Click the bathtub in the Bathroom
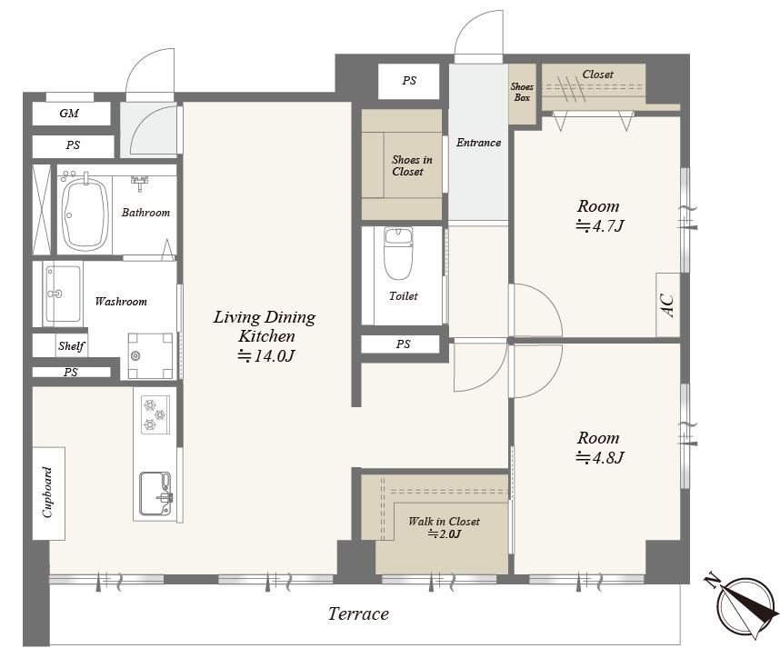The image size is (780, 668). (85, 214)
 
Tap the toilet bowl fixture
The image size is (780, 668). (398, 254)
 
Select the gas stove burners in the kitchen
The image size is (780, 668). (155, 414)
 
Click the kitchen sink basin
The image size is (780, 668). (155, 494)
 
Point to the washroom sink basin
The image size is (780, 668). (63, 294)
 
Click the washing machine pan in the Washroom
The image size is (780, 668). (150, 355)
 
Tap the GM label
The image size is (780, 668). (69, 114)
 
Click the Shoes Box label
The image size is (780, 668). (522, 92)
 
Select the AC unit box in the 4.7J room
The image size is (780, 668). (667, 304)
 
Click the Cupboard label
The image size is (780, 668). (48, 493)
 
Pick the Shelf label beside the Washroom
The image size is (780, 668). (71, 345)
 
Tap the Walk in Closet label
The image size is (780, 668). (444, 522)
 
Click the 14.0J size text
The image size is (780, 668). (266, 356)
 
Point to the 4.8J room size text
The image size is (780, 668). (599, 457)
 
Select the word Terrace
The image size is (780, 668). (358, 613)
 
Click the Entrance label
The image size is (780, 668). (478, 143)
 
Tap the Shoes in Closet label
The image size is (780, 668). (412, 165)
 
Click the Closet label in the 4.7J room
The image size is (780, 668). (597, 75)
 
